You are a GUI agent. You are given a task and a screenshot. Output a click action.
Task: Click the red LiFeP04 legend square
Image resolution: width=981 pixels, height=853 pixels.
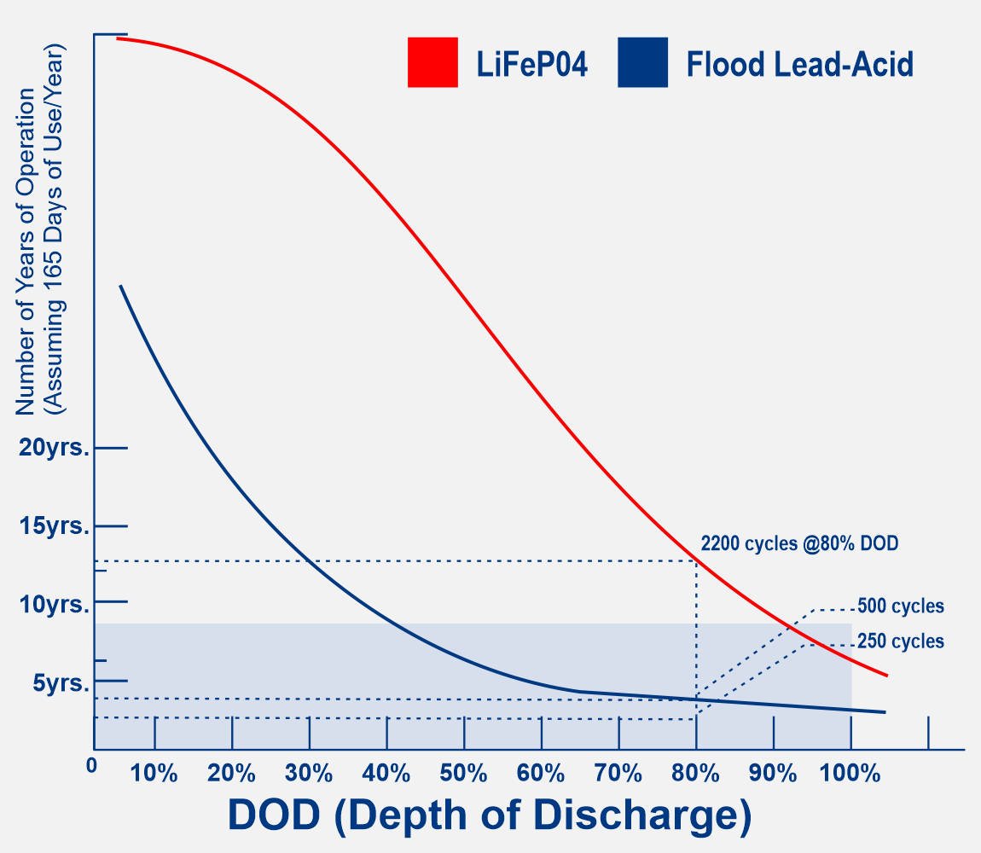(x=432, y=62)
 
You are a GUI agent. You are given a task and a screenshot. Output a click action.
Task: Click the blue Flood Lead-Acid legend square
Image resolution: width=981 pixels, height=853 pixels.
(x=642, y=62)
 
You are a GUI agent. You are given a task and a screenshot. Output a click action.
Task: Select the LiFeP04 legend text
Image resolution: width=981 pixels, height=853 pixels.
(x=532, y=64)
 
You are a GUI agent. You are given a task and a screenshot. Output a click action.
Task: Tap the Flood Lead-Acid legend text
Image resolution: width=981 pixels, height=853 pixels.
(x=799, y=64)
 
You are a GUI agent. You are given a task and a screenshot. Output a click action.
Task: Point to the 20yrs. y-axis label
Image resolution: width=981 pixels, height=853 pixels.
(x=54, y=448)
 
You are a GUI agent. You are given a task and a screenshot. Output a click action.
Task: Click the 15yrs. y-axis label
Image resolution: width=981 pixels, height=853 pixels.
(x=54, y=525)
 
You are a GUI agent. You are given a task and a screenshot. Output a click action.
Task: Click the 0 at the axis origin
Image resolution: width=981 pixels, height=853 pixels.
(x=91, y=765)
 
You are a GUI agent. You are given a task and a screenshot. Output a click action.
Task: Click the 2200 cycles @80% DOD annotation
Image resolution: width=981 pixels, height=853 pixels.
(x=799, y=543)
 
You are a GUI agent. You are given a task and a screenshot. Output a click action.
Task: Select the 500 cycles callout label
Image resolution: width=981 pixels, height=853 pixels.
(x=900, y=606)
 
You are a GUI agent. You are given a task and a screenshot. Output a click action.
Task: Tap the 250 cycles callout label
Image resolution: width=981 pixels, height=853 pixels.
(x=900, y=641)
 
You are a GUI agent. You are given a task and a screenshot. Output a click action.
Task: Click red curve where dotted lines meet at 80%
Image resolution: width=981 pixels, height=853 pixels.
(x=697, y=560)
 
